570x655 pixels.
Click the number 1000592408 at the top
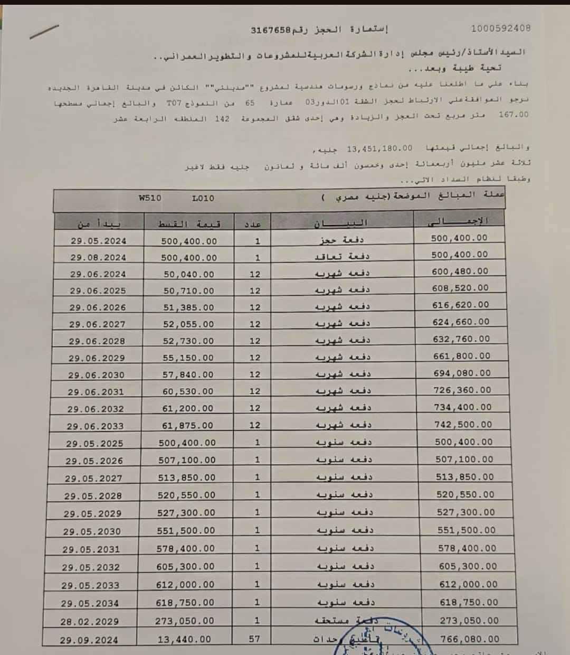pos(500,29)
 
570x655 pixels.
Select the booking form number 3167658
pos(271,30)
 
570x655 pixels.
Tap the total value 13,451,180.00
pos(379,148)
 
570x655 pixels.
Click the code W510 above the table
pos(150,198)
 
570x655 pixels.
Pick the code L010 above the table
pos(203,199)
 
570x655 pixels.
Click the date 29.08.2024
pos(98,258)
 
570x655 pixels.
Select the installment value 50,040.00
pos(189,275)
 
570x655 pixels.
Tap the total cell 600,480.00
pos(461,272)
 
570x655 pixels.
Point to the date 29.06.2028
pos(97,341)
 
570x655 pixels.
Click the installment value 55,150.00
pos(188,358)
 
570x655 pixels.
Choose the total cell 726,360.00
pos(462,390)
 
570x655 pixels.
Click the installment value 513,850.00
pos(187,478)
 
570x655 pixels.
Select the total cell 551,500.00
pos(467,530)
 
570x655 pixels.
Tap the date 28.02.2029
pos(89,622)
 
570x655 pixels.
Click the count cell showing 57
pos(254,639)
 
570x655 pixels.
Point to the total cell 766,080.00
pos(469,639)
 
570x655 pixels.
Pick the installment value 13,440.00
pos(184,640)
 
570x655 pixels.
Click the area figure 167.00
pos(513,115)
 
